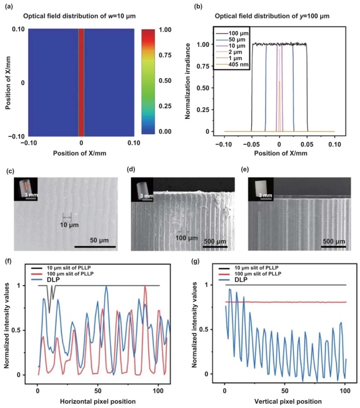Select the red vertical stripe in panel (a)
pyautogui.click(x=81, y=82)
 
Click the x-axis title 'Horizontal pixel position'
pyautogui.click(x=99, y=399)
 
